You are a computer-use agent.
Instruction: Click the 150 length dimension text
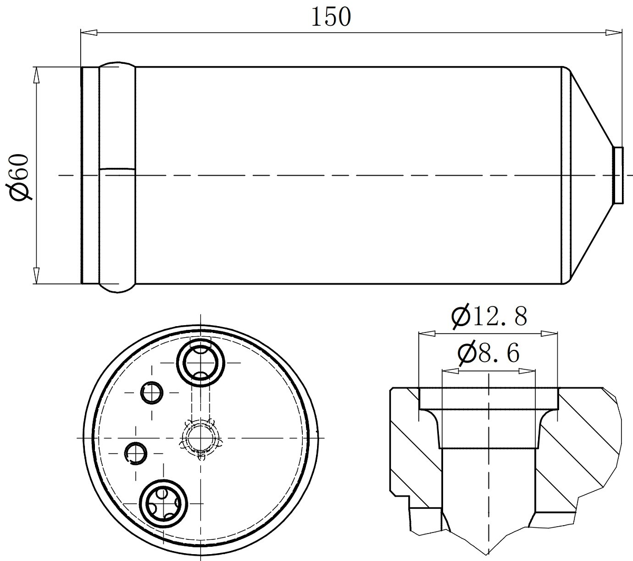(x=331, y=17)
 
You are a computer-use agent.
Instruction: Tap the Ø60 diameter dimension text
(x=20, y=177)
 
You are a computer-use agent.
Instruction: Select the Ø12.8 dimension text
(x=489, y=316)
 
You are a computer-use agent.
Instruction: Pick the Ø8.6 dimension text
(x=489, y=353)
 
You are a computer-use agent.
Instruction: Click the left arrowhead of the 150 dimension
(x=89, y=33)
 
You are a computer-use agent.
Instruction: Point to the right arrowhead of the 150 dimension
(x=613, y=33)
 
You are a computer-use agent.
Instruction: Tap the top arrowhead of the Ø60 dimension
(x=37, y=75)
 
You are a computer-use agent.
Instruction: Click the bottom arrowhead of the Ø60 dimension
(x=37, y=275)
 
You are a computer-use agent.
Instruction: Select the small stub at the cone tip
(x=618, y=175)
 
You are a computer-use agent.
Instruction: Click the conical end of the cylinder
(x=590, y=175)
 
